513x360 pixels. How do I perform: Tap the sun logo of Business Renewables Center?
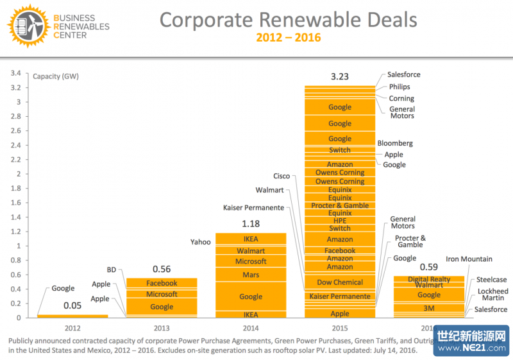pos(24,25)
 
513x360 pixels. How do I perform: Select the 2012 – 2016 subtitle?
pos(288,38)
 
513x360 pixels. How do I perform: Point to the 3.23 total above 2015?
pos(340,76)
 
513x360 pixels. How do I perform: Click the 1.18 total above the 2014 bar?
pos(251,224)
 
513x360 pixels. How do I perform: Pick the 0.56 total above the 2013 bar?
pos(162,269)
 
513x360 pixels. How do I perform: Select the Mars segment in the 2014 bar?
pos(251,275)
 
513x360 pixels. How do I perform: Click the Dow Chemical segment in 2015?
pos(340,282)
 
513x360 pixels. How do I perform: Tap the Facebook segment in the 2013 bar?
pos(162,283)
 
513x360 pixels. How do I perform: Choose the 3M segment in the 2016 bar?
pos(429,309)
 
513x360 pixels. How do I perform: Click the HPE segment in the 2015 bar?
pos(340,221)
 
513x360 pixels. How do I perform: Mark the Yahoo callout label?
pos(200,242)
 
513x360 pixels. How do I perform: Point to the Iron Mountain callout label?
pos(469,259)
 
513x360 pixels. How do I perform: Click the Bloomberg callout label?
pos(395,143)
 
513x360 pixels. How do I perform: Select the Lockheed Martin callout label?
pos(493,295)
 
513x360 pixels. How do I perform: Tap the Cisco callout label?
pos(282,176)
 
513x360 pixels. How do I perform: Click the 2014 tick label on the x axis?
pos(251,327)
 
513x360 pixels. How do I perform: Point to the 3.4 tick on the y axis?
pos(16,73)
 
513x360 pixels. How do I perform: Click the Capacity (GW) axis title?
pos(55,76)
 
